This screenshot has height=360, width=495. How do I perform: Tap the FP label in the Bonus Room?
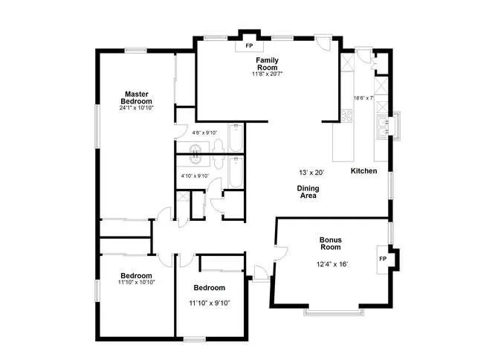coord(383,259)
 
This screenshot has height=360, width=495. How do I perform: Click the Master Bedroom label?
coord(137,97)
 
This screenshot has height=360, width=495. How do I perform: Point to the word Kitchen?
coord(364,172)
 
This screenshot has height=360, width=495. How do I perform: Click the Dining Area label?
coord(309,192)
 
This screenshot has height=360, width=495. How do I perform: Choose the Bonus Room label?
coord(330,243)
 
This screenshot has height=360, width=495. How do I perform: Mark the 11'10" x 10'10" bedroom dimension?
coord(136,283)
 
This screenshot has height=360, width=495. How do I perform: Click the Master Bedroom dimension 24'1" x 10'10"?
coord(137,108)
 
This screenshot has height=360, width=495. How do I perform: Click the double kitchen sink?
coord(384,127)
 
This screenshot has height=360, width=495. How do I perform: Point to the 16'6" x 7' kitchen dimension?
coord(363,97)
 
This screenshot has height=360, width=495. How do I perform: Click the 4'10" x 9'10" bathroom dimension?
coord(195,176)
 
